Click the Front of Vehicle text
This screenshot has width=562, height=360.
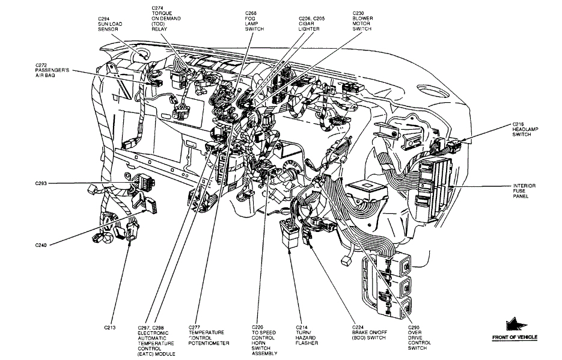tap(515, 337)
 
